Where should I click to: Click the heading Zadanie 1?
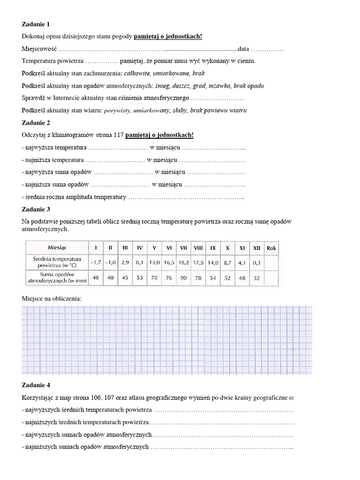pos(36,24)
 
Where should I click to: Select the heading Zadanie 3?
pos(36,209)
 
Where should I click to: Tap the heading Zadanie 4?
pos(36,385)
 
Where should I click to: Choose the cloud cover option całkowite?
pos(138,74)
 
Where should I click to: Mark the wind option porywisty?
pos(117,111)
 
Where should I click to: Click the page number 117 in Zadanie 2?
pos(119,135)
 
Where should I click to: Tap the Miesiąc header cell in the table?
pos(57,247)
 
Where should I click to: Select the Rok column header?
pos(271,247)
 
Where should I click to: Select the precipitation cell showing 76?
pos(169,278)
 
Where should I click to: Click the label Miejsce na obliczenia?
pos(52,298)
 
